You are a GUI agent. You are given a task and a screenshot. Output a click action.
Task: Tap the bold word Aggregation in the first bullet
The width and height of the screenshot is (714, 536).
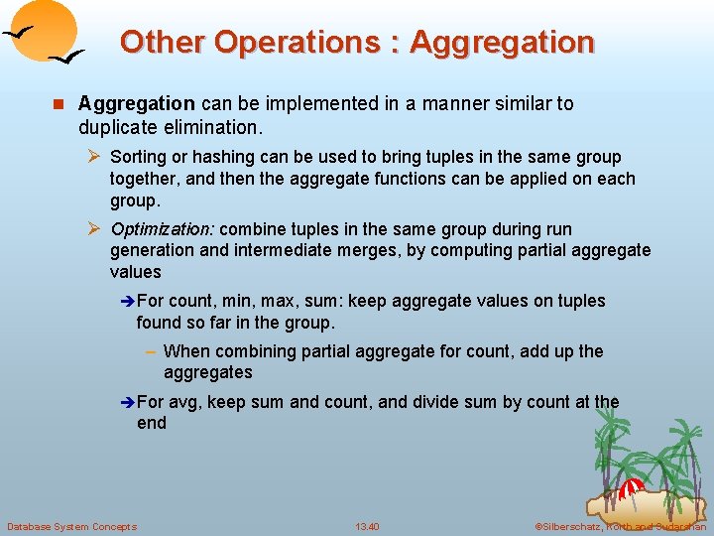click(137, 103)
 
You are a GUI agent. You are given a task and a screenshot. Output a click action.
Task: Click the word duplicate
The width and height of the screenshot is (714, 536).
click(118, 128)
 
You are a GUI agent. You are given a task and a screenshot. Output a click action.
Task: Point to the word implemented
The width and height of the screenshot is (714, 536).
click(285, 103)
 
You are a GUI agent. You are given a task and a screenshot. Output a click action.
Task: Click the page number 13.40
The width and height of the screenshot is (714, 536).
click(367, 526)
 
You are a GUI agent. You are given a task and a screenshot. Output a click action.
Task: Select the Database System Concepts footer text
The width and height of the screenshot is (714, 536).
click(71, 526)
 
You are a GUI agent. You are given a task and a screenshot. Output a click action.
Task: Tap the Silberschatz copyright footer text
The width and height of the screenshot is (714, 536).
click(620, 526)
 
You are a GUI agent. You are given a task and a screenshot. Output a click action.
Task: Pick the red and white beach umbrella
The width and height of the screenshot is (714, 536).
click(632, 487)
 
